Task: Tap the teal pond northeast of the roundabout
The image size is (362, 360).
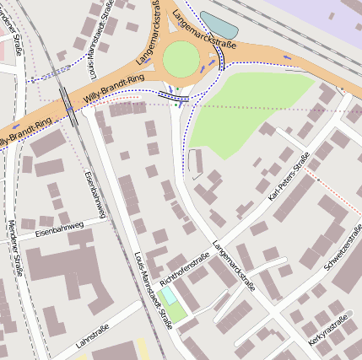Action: point(218,24)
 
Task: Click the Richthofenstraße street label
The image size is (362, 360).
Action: point(183,271)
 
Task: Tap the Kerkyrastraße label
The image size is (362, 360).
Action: point(328,326)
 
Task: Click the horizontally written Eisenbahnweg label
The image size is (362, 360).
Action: point(59,227)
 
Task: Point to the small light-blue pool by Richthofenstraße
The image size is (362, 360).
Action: point(169,296)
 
